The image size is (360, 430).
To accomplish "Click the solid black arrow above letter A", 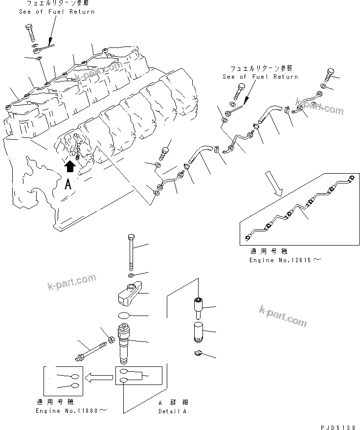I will pos(70,167).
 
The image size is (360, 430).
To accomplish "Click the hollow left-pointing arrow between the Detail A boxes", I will pos(97,377).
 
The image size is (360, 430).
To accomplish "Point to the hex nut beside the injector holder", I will pos(112,339).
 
